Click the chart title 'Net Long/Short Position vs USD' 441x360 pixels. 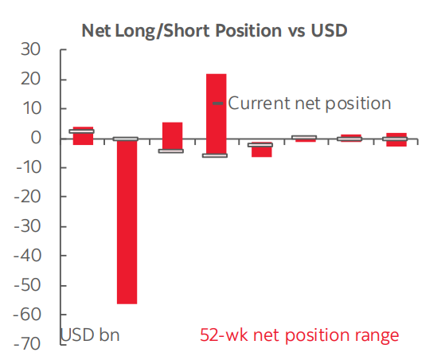pyautogui.click(x=214, y=30)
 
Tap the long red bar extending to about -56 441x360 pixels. pyautogui.click(x=127, y=221)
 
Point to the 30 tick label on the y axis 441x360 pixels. pyautogui.click(x=30, y=49)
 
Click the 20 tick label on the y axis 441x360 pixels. pyautogui.click(x=30, y=79)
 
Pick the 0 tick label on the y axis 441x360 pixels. pyautogui.click(x=36, y=138)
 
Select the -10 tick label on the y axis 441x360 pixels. pyautogui.click(x=28, y=167)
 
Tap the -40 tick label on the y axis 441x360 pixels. pyautogui.click(x=28, y=256)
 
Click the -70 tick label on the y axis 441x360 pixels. pyautogui.click(x=28, y=344)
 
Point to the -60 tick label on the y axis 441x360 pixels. pyautogui.click(x=28, y=315)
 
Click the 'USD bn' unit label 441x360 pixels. pyautogui.click(x=90, y=335)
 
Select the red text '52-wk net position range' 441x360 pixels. pyautogui.click(x=299, y=335)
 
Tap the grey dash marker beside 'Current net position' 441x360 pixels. pyautogui.click(x=218, y=104)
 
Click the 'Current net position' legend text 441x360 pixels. pyautogui.click(x=310, y=104)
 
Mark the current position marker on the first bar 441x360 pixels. pyautogui.click(x=81, y=131)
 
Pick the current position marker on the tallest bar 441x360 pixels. pyautogui.click(x=215, y=155)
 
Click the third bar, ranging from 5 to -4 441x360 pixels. pyautogui.click(x=173, y=137)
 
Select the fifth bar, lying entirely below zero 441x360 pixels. pyautogui.click(x=262, y=150)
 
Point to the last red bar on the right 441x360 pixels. pyautogui.click(x=396, y=139)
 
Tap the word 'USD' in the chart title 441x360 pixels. pyautogui.click(x=329, y=30)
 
